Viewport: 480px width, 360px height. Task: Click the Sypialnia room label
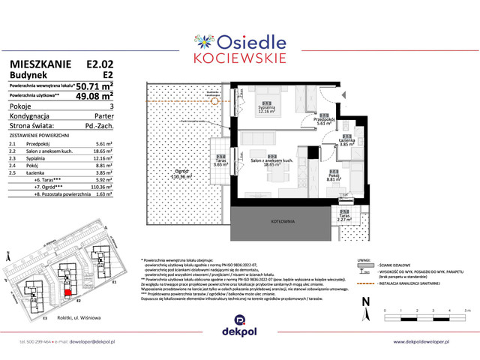(265, 107)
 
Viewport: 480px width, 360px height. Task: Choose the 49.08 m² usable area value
(97, 96)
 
